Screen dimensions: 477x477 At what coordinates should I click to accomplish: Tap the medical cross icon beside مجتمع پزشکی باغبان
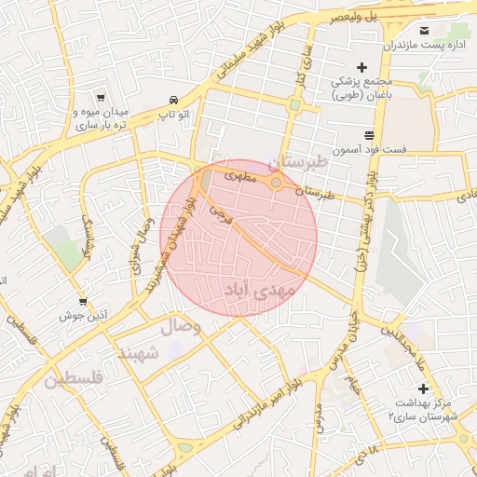tap(362, 67)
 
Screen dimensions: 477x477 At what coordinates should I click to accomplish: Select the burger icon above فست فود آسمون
tap(369, 134)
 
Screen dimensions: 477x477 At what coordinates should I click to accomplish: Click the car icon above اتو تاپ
tap(173, 100)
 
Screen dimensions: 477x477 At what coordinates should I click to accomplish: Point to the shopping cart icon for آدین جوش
tap(83, 301)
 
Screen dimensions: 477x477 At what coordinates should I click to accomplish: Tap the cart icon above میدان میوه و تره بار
tap(101, 97)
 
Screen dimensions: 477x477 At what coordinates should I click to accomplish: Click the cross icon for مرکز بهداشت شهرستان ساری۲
tap(423, 388)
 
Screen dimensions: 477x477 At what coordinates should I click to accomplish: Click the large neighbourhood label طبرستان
tap(299, 162)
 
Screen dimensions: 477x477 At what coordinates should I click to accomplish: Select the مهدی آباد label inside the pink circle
tap(262, 291)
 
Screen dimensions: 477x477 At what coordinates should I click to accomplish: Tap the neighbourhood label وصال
tap(181, 327)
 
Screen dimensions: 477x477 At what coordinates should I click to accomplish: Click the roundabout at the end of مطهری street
tap(276, 183)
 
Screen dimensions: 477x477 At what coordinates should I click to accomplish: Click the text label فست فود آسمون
tap(385, 149)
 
